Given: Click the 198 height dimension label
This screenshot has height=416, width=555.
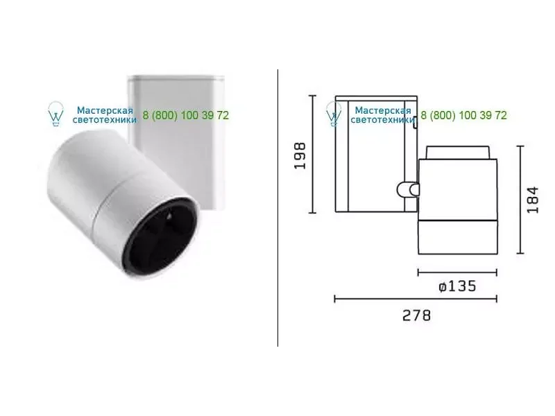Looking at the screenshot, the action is [300, 155].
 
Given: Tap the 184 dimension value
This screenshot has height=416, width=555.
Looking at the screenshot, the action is [533, 200].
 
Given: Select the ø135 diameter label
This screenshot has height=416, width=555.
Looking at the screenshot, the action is [457, 286].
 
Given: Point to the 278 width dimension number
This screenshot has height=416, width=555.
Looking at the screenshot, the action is [417, 315].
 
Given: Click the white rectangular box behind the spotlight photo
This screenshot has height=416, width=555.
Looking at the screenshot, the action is [176, 141].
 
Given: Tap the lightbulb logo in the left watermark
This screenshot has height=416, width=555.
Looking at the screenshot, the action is [55, 114].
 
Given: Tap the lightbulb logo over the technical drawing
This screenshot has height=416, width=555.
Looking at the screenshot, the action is [334, 114].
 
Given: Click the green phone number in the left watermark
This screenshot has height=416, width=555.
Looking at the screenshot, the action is [186, 115].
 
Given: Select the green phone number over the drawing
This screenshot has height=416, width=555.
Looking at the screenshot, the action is [463, 115].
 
